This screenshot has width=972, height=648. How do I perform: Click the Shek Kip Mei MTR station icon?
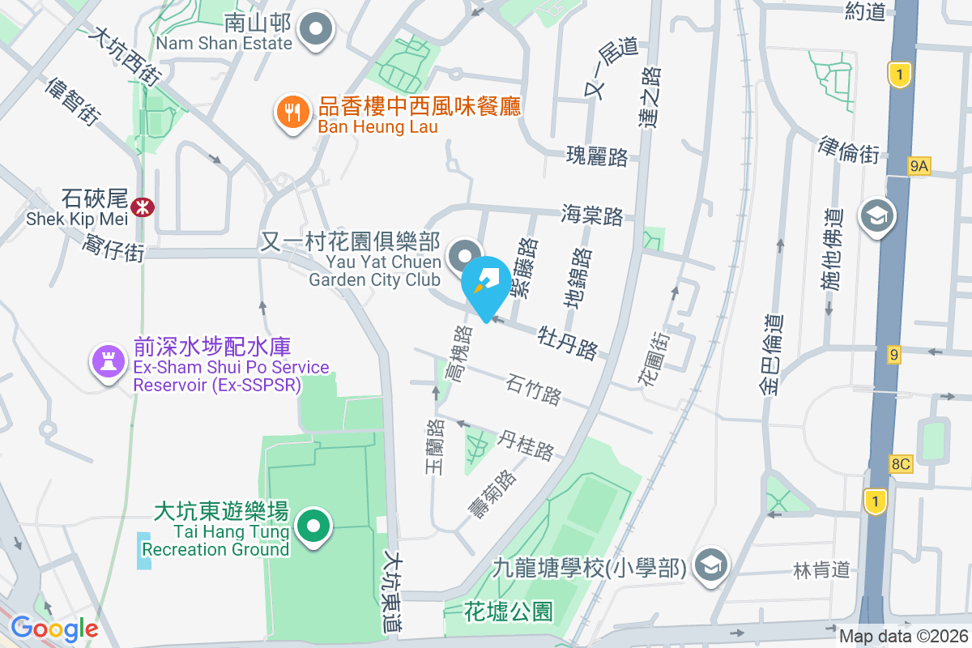143,207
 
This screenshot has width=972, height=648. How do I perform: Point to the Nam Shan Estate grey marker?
315,32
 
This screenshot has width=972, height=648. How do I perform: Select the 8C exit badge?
901,464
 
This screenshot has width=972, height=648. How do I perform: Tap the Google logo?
54,628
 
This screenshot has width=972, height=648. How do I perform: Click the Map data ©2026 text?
903,637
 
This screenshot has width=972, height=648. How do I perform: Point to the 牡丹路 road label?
569,341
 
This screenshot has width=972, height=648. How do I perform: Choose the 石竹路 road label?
534,389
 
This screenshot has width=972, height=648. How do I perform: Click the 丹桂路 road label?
526,444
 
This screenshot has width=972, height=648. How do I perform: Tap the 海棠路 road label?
592,215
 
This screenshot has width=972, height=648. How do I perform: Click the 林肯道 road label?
821,570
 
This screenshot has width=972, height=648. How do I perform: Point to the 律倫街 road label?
849,148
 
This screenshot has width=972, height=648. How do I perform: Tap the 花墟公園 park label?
509,612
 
